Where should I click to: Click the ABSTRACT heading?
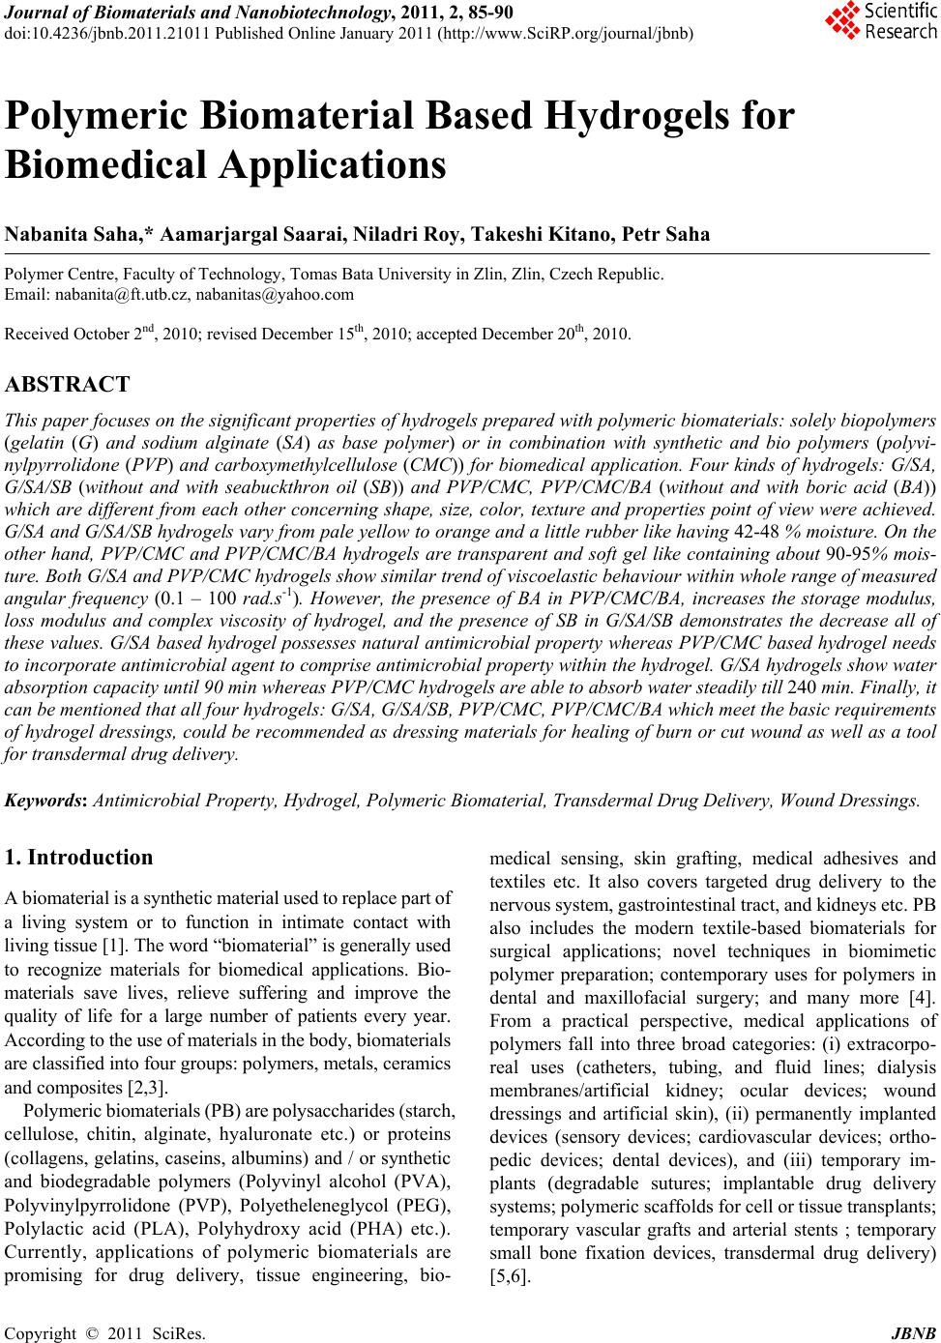(67, 385)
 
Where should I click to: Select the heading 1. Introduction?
(78, 858)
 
